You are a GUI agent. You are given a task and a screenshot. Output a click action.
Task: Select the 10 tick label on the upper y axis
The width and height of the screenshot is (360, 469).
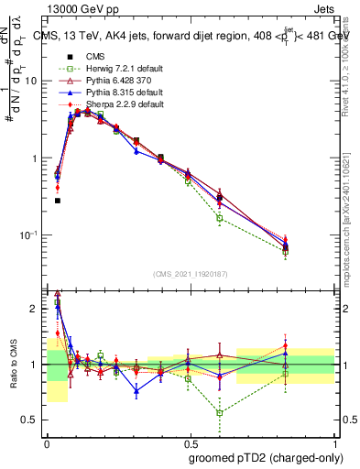click(x=31, y=81)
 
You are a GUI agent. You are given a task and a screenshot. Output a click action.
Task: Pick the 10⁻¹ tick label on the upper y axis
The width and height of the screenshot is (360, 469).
click(x=29, y=235)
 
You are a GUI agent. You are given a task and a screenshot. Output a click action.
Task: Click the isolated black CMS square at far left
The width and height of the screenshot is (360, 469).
click(x=57, y=200)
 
